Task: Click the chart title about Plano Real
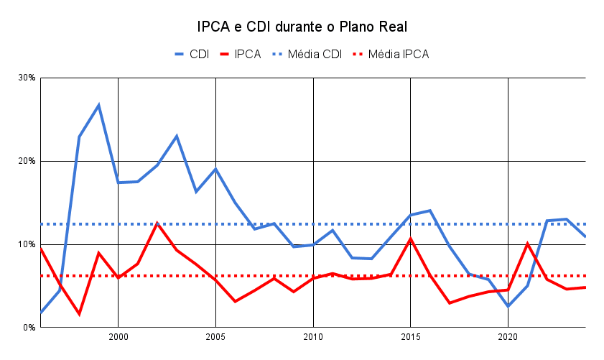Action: (x=302, y=27)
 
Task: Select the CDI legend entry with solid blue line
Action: (x=191, y=54)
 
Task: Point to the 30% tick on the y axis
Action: (x=27, y=78)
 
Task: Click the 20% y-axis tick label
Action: (x=27, y=161)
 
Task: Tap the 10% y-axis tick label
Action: (x=27, y=244)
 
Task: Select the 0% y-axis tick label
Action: (x=29, y=328)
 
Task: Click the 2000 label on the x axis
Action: (x=118, y=336)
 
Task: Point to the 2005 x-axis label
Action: (x=215, y=336)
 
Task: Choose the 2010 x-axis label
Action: (x=313, y=336)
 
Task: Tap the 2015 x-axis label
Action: (x=410, y=336)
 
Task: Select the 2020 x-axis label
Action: (x=508, y=336)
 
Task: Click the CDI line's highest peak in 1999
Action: (x=98, y=105)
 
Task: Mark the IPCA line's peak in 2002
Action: (x=157, y=223)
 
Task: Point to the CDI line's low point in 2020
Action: (x=508, y=306)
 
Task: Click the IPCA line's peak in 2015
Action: (x=410, y=239)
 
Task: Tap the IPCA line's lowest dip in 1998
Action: (x=79, y=314)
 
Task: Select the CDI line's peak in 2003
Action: (x=177, y=136)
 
